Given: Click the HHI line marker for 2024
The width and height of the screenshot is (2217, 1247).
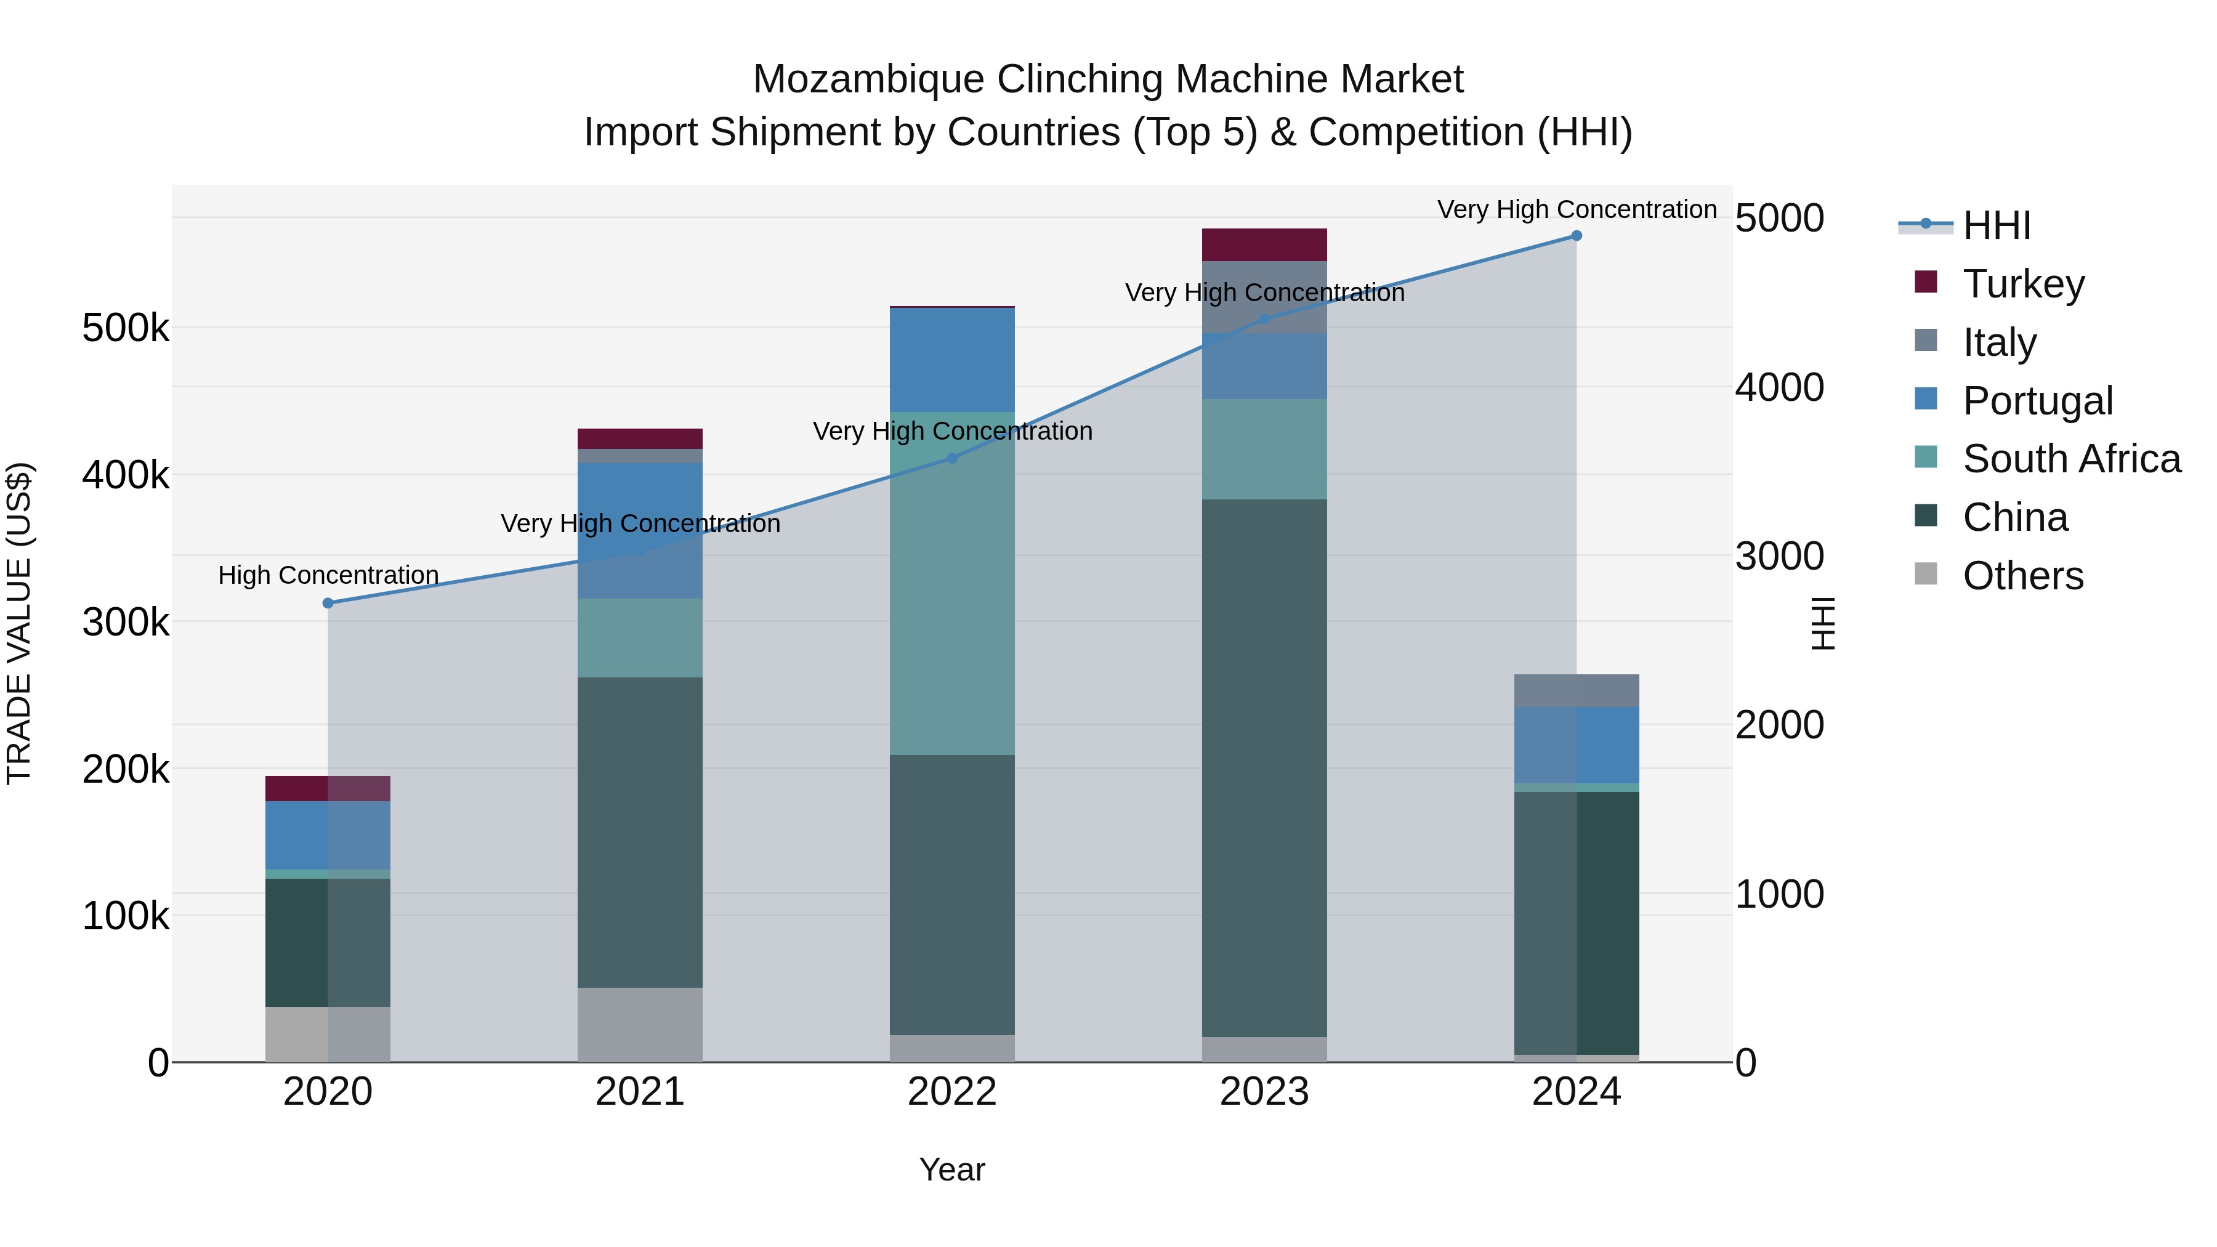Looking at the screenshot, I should point(1576,236).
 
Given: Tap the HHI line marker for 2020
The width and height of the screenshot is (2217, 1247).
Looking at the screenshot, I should point(328,603).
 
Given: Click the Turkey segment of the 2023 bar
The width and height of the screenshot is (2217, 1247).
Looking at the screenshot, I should point(1264,244).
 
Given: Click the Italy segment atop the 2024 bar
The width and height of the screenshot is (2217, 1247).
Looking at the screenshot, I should point(1576,690).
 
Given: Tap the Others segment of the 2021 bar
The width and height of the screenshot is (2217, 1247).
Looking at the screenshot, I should point(639,1024).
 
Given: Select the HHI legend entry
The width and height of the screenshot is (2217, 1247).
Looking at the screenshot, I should point(1997,225).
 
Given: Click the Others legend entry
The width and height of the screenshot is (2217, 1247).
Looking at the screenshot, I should point(2022,576).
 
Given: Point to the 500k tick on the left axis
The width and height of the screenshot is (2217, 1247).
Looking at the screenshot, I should point(126,328).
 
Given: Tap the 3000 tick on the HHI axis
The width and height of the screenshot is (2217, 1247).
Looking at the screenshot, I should point(1778,556).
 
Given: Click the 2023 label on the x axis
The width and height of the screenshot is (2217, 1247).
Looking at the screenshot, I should point(1264,1092).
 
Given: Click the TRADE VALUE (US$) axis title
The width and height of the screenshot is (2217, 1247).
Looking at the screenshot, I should point(19,623).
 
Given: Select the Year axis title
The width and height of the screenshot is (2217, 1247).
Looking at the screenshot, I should point(952,1169).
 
